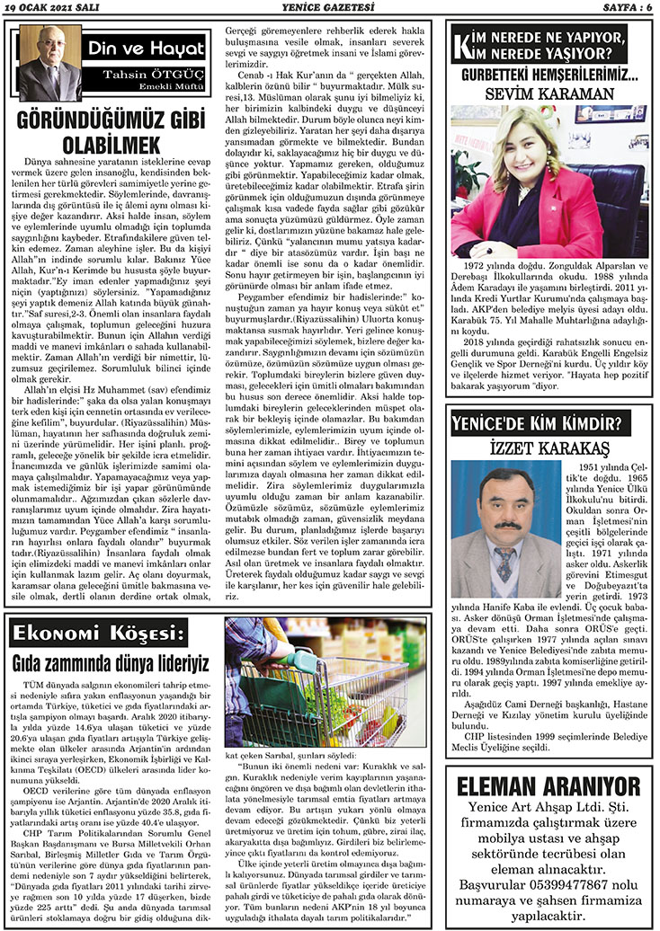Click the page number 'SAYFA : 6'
(620, 8)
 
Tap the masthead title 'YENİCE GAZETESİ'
(329, 8)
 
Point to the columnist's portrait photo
(49, 63)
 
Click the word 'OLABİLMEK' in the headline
(111, 144)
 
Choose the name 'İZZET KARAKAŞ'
(551, 446)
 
